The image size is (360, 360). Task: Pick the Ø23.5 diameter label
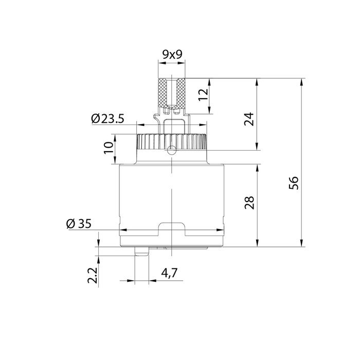point(107,119)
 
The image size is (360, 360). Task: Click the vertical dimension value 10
point(109,149)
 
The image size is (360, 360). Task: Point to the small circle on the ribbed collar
point(171,150)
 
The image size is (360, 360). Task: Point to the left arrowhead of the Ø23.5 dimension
point(138,124)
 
